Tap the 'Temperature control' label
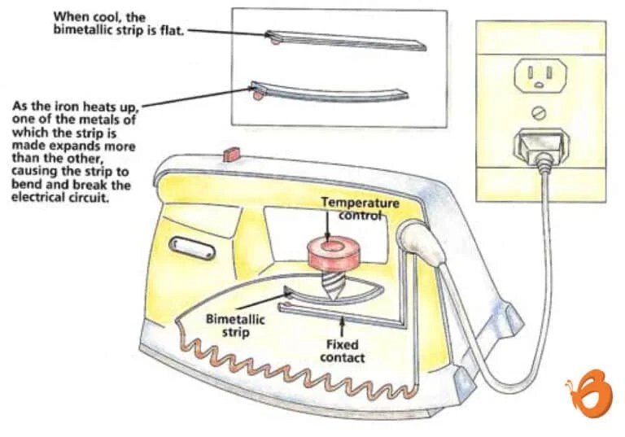click(x=359, y=208)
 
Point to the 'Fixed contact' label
click(x=343, y=351)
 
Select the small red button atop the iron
click(x=229, y=152)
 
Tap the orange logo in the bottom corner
click(x=588, y=393)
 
